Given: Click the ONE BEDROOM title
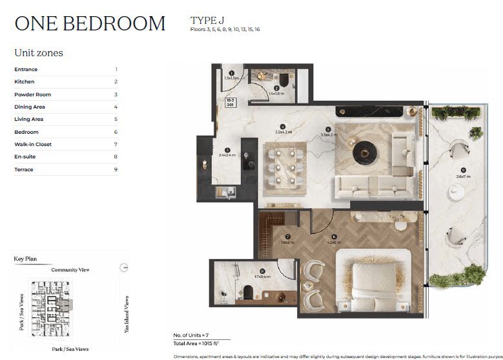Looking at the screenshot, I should point(90,23).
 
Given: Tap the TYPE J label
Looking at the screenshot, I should point(207,20).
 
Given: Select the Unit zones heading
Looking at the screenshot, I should point(39,53).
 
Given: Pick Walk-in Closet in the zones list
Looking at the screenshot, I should point(33,144).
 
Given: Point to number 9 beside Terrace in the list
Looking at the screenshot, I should point(116,169).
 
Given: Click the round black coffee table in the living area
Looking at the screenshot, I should point(364,152).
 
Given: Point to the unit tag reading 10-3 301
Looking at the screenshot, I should point(231,103).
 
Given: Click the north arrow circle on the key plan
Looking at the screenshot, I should point(125,267).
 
